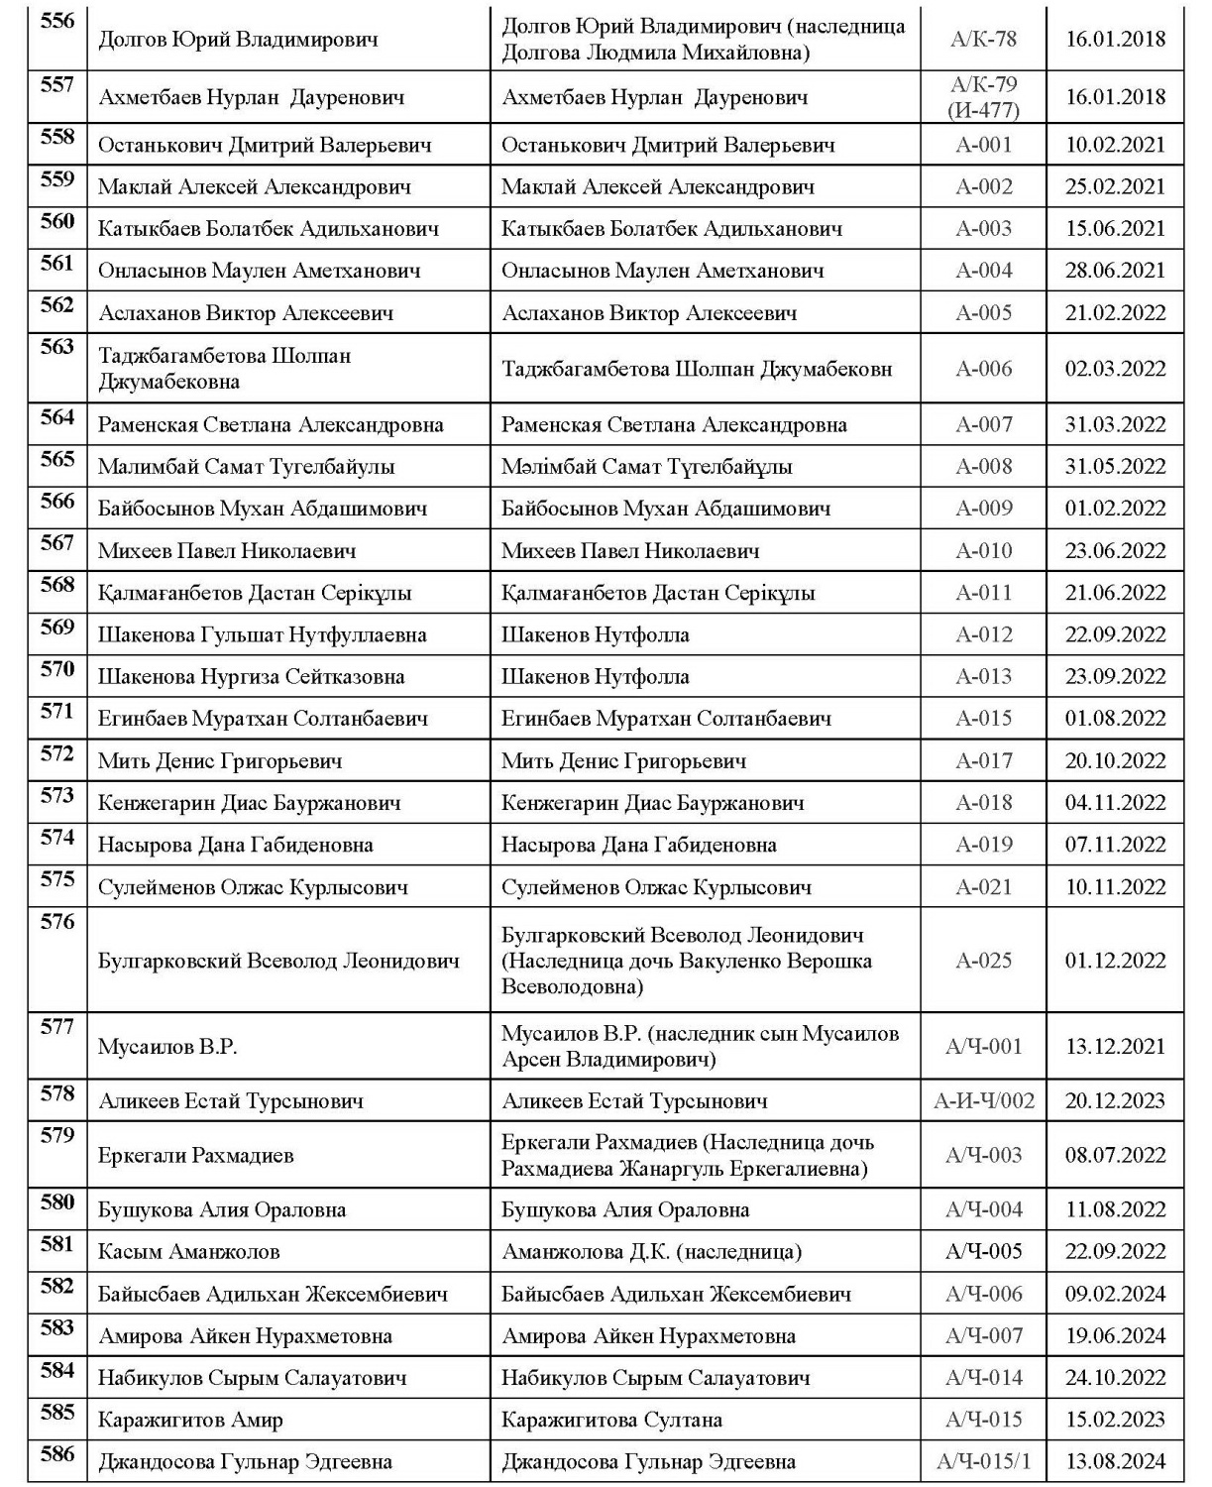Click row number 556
click(x=57, y=21)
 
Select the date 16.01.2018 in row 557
click(x=1115, y=97)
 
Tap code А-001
click(x=983, y=145)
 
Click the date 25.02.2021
click(x=1115, y=186)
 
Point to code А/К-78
click(x=983, y=40)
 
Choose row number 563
click(x=57, y=347)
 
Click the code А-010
click(x=983, y=550)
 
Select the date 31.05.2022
click(x=1115, y=466)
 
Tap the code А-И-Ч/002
click(x=983, y=1100)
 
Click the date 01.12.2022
click(x=1115, y=960)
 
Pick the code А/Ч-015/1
click(x=983, y=1461)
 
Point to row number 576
click(x=57, y=922)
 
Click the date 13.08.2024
click(x=1115, y=1461)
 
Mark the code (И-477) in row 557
click(x=983, y=110)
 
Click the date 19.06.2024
click(x=1115, y=1335)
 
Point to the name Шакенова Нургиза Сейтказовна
click(x=251, y=677)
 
